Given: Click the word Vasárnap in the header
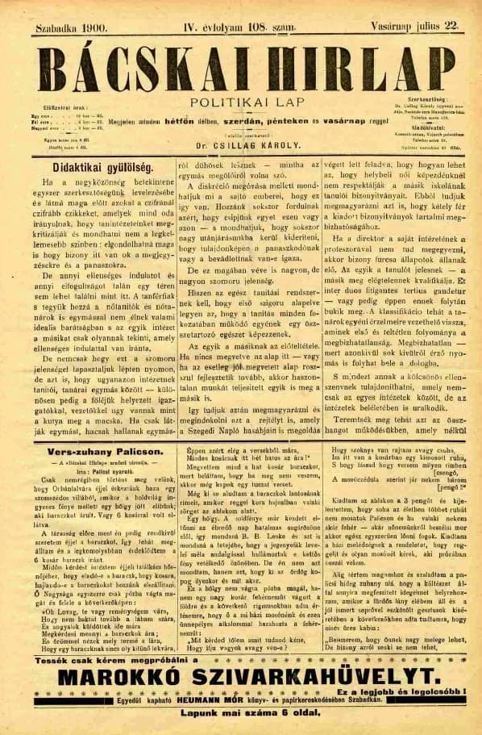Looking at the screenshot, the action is pyautogui.click(x=392, y=27).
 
